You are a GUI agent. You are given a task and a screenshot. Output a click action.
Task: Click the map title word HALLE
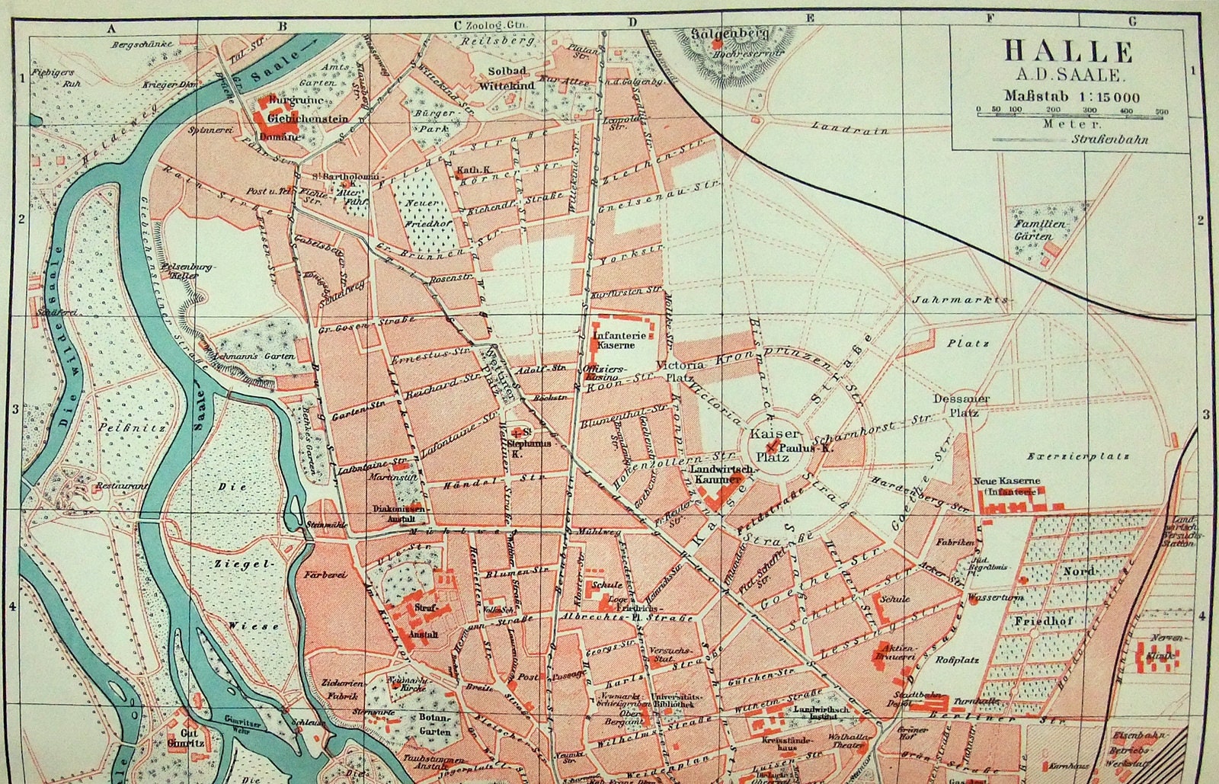tap(1068, 51)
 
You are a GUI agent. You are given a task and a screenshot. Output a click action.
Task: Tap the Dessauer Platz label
tap(961, 405)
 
